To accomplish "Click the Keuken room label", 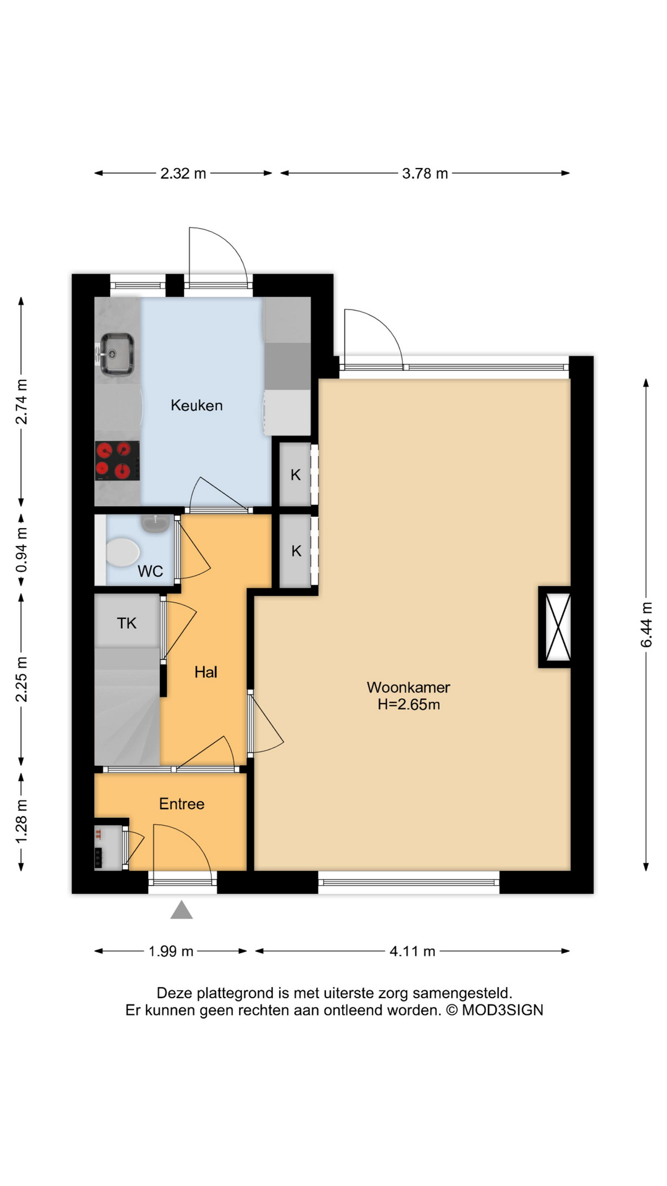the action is (x=196, y=405).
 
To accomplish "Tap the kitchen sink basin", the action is (x=117, y=353).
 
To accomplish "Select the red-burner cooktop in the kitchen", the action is (x=117, y=461).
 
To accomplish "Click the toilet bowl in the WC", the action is (x=122, y=552).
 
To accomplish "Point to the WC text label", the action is (x=150, y=571).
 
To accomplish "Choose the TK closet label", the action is (x=127, y=623).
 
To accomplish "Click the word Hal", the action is (x=206, y=672).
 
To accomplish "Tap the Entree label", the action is (x=182, y=804).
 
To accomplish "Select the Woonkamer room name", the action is (x=408, y=687).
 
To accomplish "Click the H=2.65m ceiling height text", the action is (x=409, y=704).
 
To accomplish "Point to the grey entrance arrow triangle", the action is (x=182, y=910).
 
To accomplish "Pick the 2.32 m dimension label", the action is (x=183, y=174).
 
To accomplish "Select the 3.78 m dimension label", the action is (x=425, y=174).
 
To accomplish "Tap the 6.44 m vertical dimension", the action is (x=646, y=625).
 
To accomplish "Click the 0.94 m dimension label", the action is (x=22, y=550).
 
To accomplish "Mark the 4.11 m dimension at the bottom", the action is (x=412, y=951).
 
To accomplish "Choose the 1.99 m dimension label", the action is (x=171, y=951).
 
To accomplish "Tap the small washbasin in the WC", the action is (x=156, y=523).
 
